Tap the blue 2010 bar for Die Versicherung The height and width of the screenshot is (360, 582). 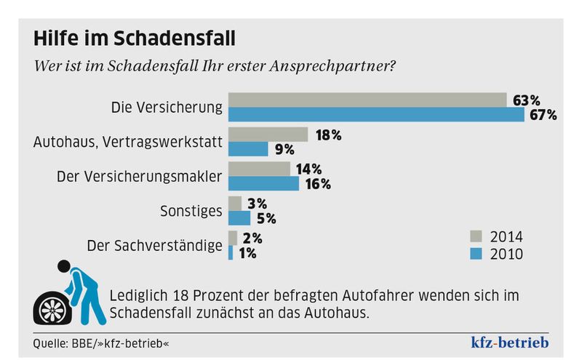(376, 115)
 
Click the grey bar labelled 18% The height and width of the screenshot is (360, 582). (268, 135)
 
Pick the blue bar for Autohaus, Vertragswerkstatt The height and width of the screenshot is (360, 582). (248, 149)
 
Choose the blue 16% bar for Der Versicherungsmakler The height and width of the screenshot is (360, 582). (263, 183)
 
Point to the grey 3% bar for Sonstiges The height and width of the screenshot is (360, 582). (235, 204)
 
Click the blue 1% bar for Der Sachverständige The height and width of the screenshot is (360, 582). (231, 252)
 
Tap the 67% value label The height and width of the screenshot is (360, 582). (543, 115)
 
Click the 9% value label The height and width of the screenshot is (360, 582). (284, 150)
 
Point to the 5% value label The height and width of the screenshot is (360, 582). (266, 218)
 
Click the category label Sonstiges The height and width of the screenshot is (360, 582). (191, 211)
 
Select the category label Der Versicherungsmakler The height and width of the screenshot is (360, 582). (139, 177)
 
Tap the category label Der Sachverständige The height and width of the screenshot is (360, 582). (154, 245)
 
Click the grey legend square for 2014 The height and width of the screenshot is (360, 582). (476, 236)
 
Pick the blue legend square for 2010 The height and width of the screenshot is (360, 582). (476, 254)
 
